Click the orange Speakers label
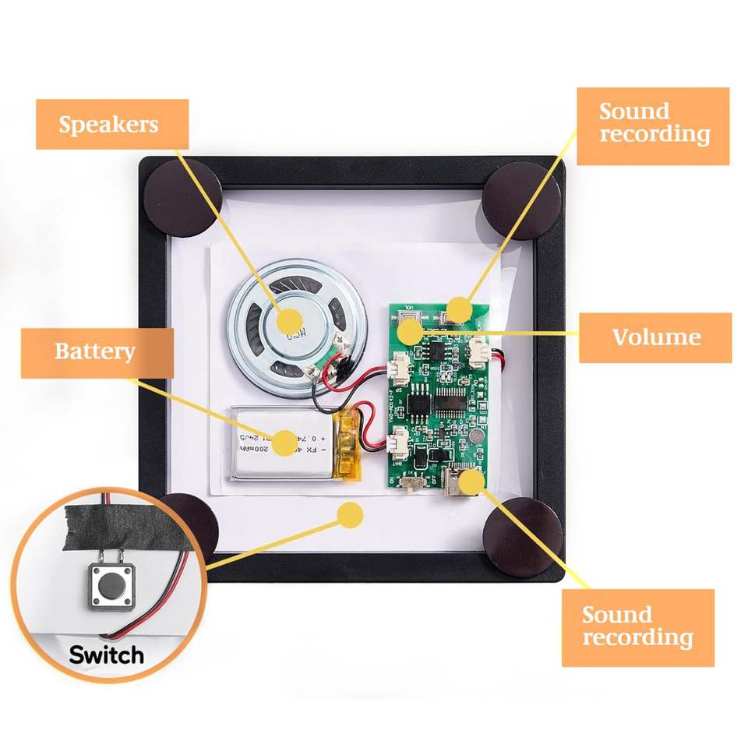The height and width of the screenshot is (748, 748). point(112,125)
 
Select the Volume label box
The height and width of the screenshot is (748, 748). point(654,337)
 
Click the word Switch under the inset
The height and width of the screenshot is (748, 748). point(106,654)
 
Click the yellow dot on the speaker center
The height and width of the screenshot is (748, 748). point(291,320)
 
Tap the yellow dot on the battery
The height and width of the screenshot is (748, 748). point(284,441)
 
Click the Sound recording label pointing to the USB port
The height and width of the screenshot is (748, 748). point(637,627)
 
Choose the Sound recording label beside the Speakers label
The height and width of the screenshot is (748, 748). point(653,125)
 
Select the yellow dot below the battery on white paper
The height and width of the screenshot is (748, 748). point(352,514)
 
